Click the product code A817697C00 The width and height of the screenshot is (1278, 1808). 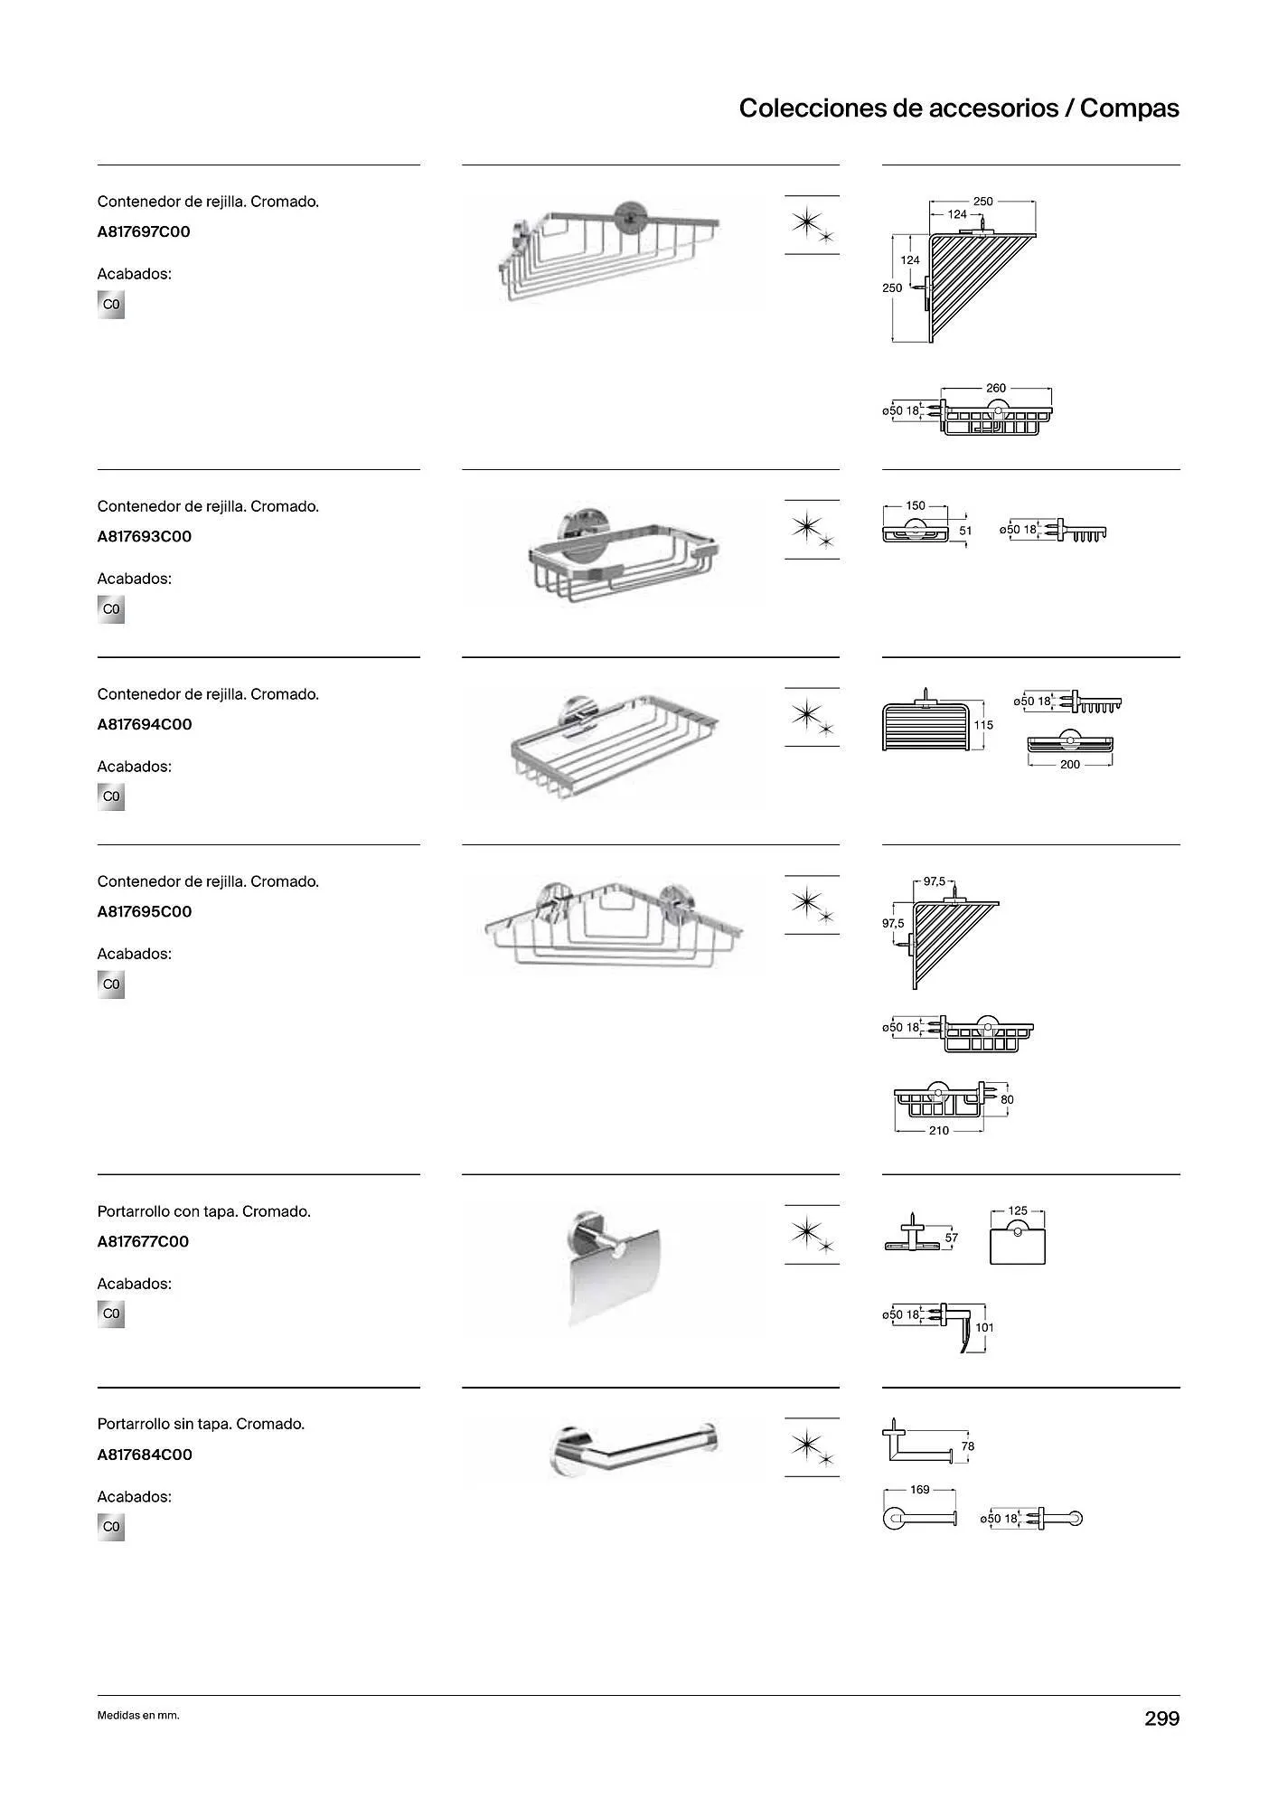coord(144,231)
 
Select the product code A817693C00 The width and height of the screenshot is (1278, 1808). coord(144,536)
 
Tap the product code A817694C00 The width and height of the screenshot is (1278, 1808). coord(144,724)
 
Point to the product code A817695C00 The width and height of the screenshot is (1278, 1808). coord(144,911)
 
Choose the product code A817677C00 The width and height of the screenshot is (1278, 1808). coord(143,1241)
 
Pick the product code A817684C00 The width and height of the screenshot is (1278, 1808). coord(144,1455)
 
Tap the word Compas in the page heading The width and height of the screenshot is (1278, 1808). coord(1129,108)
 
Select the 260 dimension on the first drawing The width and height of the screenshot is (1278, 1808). coord(995,389)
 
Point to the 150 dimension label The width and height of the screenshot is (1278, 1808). coord(916,506)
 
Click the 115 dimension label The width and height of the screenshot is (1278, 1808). coord(983,725)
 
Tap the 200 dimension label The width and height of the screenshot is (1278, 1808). coord(1069,765)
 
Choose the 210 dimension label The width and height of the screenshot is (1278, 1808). coord(939,1131)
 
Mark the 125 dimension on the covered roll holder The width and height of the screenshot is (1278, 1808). coord(1018,1210)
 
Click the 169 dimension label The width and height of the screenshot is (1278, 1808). coord(919,1490)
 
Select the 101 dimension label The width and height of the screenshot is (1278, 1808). coord(984,1327)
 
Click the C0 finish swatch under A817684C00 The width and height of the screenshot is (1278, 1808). coord(111,1527)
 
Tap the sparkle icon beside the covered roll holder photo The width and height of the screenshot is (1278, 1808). coord(811,1234)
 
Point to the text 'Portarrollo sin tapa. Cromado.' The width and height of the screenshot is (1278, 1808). coord(201,1424)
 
